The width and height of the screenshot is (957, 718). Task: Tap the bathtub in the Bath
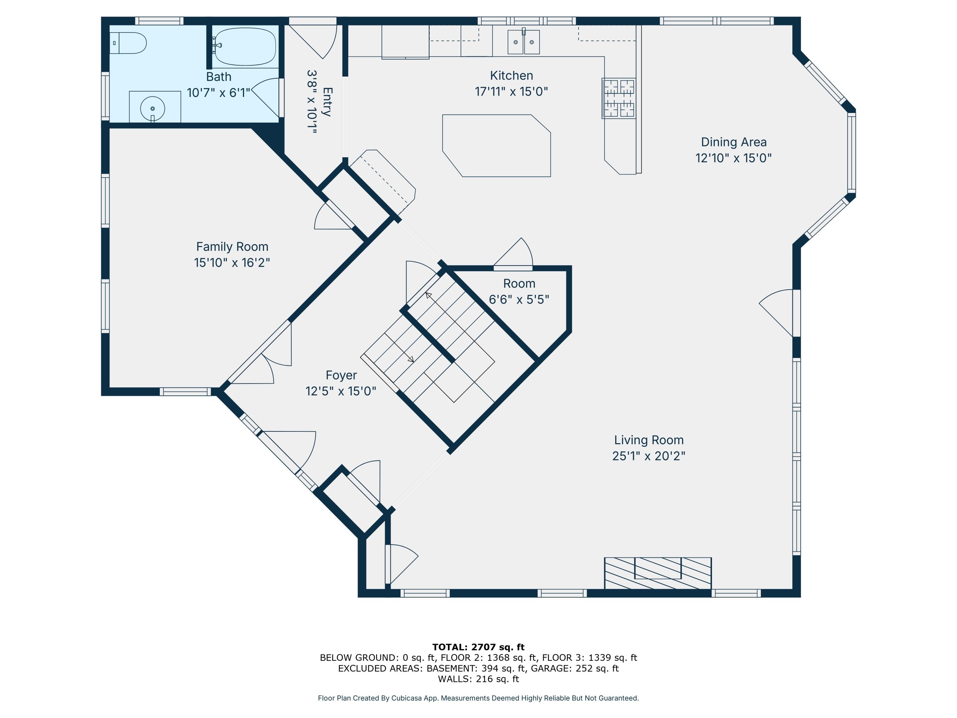[x=245, y=46]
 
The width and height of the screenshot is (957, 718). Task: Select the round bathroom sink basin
[x=152, y=108]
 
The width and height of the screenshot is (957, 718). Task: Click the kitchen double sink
[x=523, y=42]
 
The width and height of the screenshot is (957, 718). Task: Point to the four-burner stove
[x=619, y=98]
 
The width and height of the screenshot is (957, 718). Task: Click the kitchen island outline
[x=497, y=146]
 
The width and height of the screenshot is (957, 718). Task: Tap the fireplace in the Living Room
[x=657, y=573]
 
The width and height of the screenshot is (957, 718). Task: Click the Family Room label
[x=232, y=247]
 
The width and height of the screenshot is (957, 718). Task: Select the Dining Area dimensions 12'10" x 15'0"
[x=733, y=158]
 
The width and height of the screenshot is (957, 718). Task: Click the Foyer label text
[x=341, y=375]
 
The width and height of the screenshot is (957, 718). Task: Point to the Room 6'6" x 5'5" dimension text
[x=519, y=300]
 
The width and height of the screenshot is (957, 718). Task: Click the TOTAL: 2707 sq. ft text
[x=478, y=647]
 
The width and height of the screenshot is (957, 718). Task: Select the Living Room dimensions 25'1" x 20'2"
[x=649, y=456]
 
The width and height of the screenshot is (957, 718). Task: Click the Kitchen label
[x=511, y=76]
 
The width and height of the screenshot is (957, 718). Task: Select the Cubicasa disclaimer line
[x=478, y=698]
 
